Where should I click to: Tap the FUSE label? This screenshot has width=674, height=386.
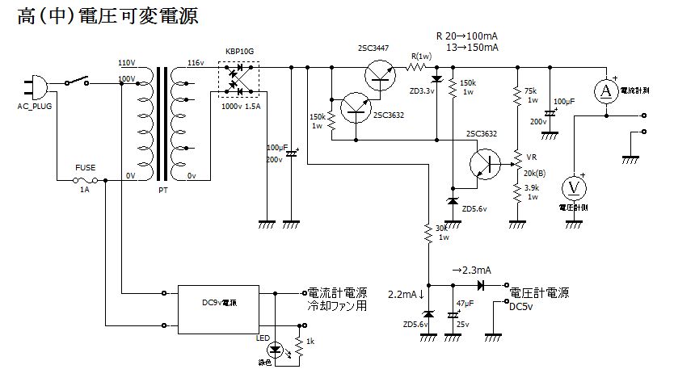pos(85,168)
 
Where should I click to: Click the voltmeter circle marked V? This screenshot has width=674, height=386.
pos(573,187)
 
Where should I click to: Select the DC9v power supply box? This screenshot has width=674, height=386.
pos(217,303)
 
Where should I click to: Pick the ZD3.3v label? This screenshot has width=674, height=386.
pos(423,90)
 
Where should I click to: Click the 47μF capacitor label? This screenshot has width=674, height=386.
pos(465,303)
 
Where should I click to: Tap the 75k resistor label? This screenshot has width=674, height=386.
pos(530,90)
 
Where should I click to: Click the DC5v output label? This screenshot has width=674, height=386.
pos(520,306)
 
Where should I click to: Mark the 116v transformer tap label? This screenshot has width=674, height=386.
pos(196,62)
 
